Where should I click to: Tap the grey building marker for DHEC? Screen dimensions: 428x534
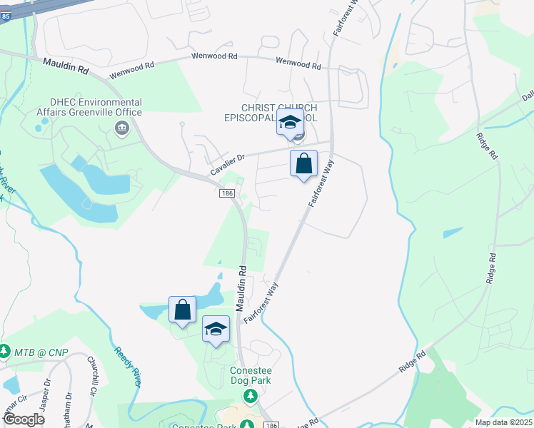(121, 128)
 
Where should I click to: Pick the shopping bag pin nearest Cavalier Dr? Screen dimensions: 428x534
(303, 163)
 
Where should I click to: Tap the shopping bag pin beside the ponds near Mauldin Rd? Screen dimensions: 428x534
(183, 310)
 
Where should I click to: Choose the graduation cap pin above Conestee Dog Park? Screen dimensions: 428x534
(216, 329)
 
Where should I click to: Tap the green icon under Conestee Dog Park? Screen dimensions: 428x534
(250, 395)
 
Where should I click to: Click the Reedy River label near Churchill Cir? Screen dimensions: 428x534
(127, 367)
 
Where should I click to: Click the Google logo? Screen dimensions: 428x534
(24, 419)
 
